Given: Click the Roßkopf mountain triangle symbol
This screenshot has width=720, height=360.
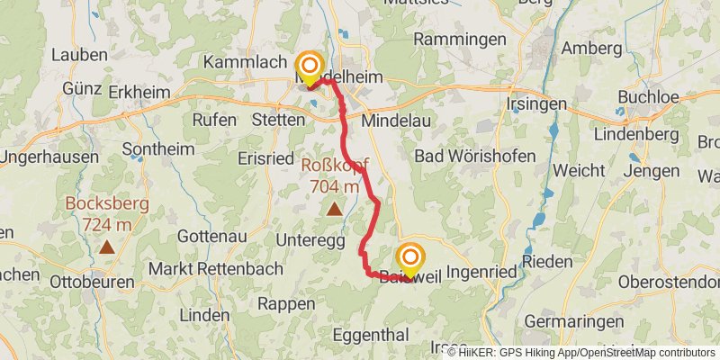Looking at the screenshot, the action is click(334, 210).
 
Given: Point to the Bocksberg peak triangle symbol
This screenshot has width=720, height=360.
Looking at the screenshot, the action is click(107, 246).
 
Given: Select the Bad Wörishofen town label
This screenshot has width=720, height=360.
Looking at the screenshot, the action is click(474, 156).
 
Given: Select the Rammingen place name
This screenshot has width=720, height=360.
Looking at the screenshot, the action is click(459, 40).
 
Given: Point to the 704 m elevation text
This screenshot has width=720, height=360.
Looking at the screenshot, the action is click(334, 187).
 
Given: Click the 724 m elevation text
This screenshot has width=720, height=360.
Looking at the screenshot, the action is click(107, 223).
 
